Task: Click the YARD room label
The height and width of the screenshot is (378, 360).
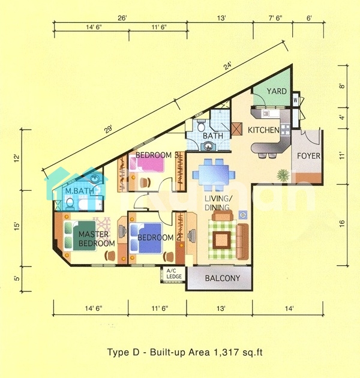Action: (277, 91)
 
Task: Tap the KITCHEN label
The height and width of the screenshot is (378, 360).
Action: (263, 130)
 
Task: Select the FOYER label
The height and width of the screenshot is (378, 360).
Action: (308, 156)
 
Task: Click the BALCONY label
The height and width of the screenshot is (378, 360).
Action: (223, 278)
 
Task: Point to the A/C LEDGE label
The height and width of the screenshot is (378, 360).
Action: (174, 274)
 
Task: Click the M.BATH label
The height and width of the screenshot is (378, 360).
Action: (80, 191)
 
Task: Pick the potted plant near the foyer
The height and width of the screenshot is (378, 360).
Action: (283, 175)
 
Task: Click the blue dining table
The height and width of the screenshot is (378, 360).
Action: (214, 174)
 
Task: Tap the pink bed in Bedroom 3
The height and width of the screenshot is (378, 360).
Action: (147, 164)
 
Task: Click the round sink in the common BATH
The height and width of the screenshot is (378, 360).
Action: (208, 146)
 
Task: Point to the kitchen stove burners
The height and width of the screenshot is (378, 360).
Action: (285, 129)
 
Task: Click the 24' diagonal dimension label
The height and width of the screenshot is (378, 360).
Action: (227, 66)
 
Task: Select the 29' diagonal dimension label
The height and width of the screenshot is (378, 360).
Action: (108, 129)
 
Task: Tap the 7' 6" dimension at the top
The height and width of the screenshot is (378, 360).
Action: (275, 19)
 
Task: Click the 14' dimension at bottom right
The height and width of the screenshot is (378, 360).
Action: (289, 308)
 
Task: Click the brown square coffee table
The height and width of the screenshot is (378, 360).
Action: (221, 240)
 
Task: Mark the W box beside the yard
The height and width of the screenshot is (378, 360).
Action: (295, 100)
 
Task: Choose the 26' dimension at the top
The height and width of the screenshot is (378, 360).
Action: (122, 19)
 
